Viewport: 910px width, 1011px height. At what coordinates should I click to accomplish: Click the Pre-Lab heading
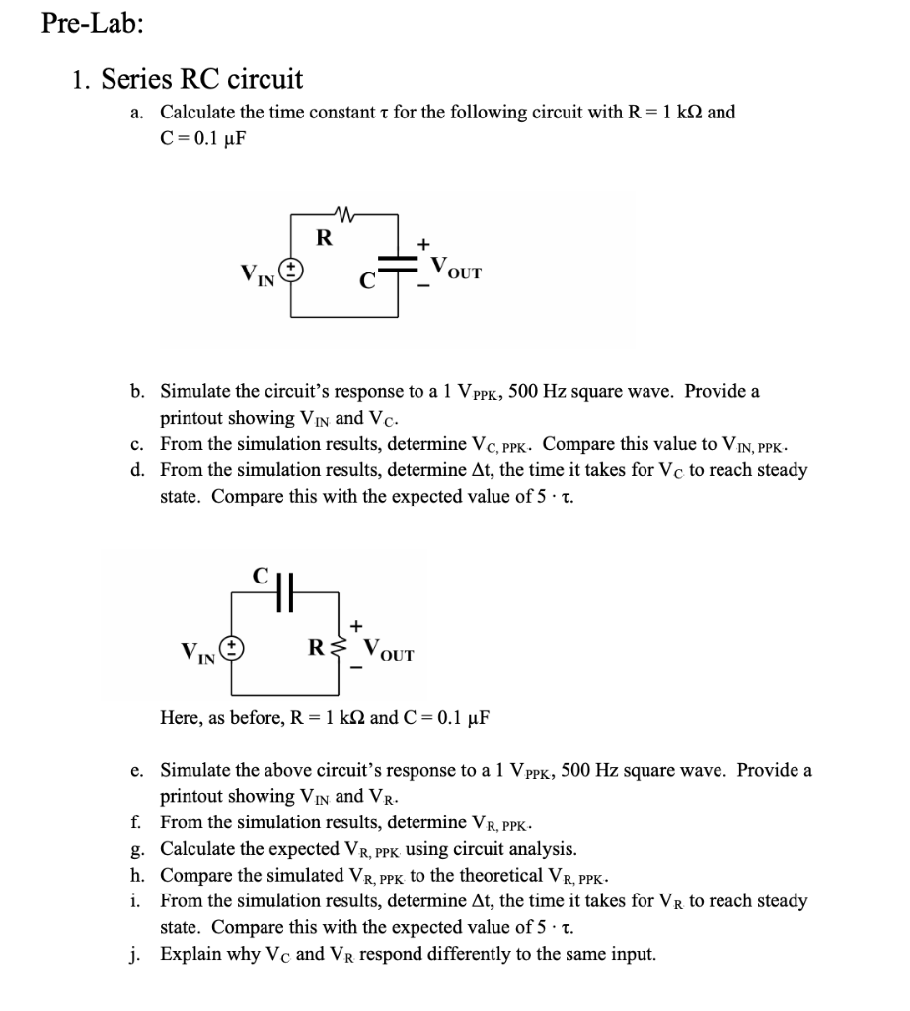[x=93, y=25]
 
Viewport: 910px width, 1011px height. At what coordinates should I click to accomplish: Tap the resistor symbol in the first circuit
[x=344, y=210]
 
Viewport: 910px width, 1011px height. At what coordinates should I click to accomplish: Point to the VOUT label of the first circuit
[x=453, y=269]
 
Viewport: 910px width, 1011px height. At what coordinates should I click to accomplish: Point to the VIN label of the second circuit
[x=200, y=653]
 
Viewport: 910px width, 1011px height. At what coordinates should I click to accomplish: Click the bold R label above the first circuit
[x=322, y=237]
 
